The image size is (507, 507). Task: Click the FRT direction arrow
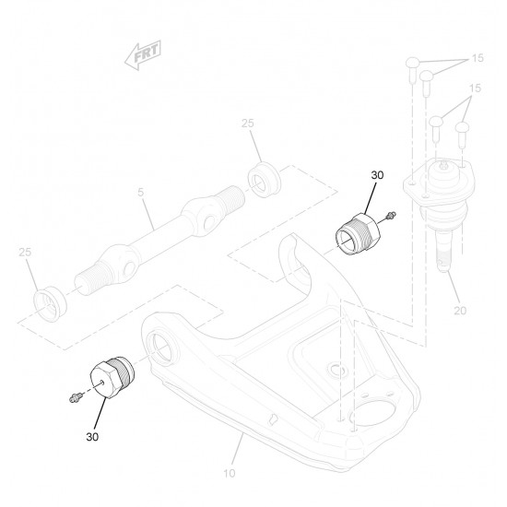[143, 55]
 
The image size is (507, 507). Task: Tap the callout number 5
[141, 192]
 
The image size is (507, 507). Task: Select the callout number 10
[230, 474]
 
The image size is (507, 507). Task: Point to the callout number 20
[460, 311]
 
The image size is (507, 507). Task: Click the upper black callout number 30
[377, 175]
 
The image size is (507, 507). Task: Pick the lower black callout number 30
[92, 437]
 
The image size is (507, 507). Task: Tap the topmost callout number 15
[478, 58]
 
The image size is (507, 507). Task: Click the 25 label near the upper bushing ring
[248, 124]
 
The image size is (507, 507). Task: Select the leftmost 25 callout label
[25, 252]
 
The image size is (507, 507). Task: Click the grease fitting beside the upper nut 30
[391, 216]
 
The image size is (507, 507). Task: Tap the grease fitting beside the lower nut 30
[75, 397]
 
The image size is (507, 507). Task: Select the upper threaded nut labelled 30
[358, 233]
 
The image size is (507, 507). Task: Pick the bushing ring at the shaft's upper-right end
[265, 179]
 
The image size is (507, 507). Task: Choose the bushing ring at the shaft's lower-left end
[50, 304]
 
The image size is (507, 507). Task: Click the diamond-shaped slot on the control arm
[274, 419]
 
